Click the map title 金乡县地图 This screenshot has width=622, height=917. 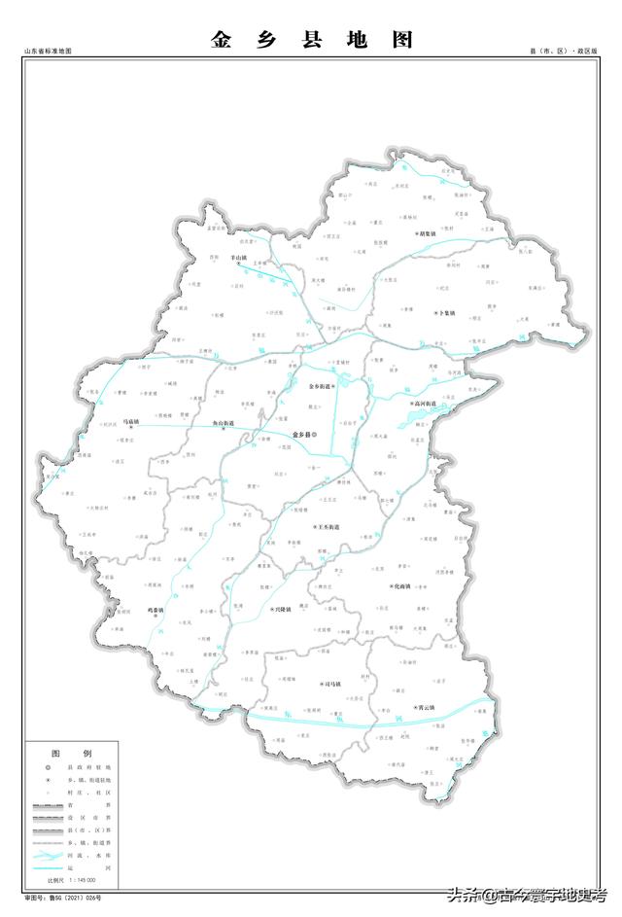pyautogui.click(x=311, y=40)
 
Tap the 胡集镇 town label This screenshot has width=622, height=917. pyautogui.click(x=432, y=233)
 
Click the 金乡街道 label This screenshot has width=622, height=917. pyautogui.click(x=322, y=386)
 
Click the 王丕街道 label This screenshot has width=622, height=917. pyautogui.click(x=328, y=527)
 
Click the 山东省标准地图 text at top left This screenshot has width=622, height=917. pyautogui.click(x=49, y=50)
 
